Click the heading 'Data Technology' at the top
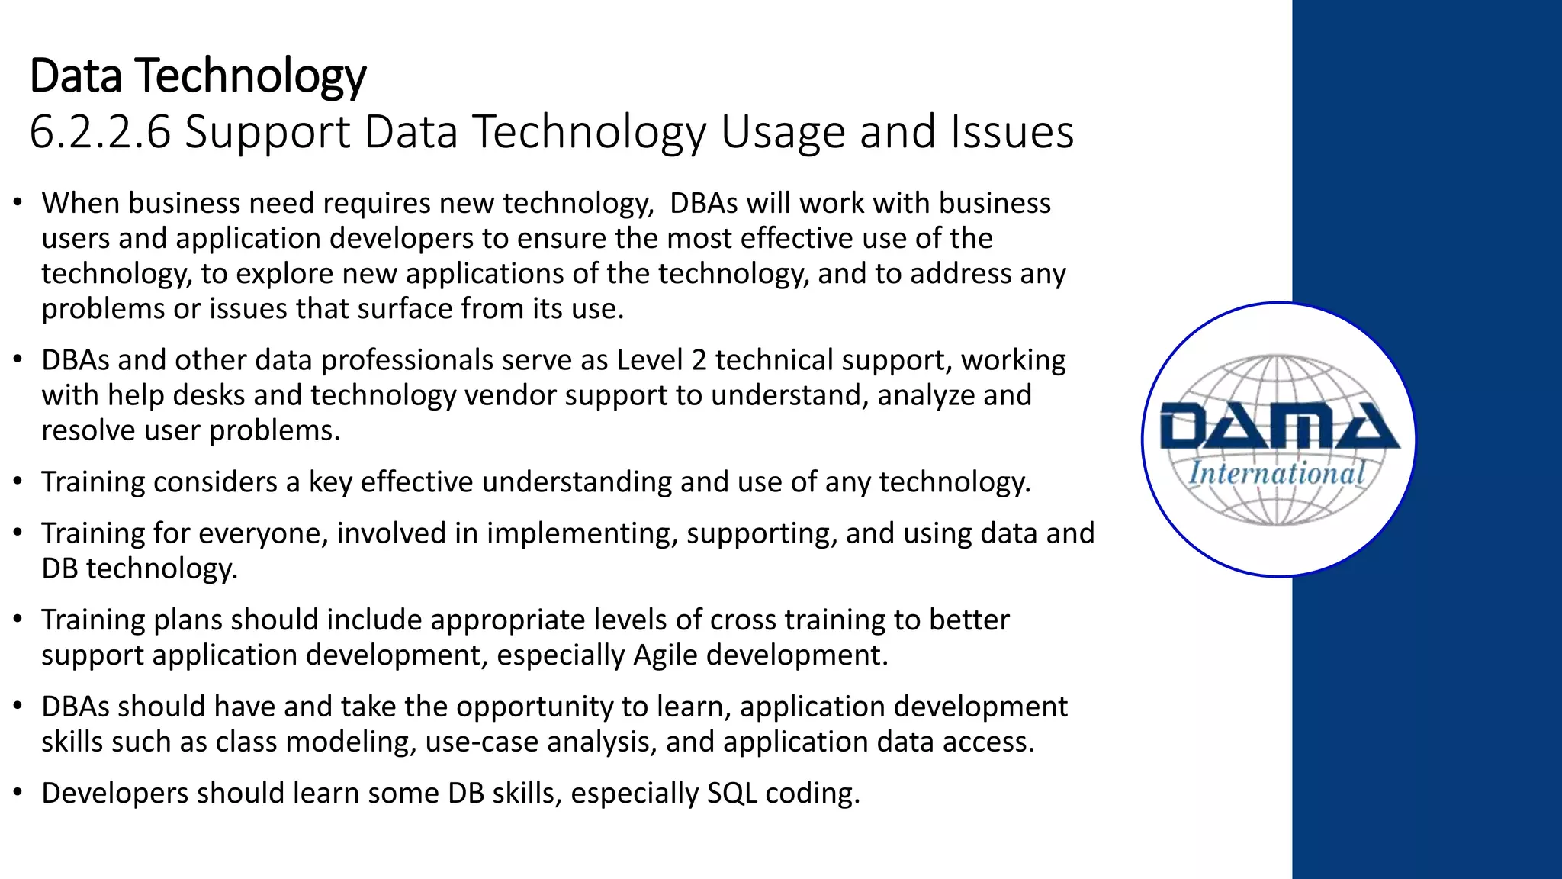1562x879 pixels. point(198,76)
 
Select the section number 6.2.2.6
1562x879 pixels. point(100,132)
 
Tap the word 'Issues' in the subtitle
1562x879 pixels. point(1012,132)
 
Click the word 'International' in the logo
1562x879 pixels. point(1277,474)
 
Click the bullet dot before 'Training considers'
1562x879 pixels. point(18,482)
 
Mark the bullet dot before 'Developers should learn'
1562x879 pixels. point(18,794)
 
